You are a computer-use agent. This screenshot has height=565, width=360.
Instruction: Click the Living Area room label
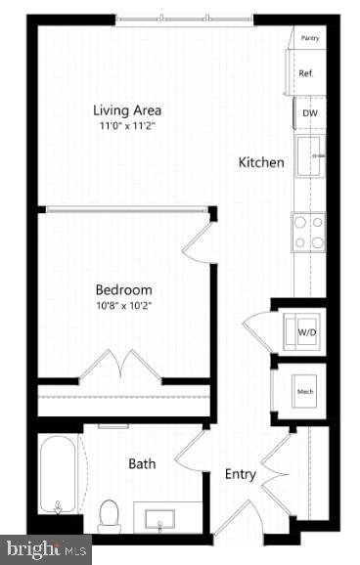127,109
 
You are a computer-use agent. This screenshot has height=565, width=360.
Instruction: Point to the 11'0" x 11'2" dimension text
127,127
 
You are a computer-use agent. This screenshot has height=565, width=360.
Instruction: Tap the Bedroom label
123,289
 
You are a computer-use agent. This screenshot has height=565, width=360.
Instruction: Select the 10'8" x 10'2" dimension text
123,306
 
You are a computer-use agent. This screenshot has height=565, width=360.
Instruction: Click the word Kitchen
261,162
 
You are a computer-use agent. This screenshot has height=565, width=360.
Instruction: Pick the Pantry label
310,38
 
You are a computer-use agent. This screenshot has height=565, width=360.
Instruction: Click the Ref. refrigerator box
306,73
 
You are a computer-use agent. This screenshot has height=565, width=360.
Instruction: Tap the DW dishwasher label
309,113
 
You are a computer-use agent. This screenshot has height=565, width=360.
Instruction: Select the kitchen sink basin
310,156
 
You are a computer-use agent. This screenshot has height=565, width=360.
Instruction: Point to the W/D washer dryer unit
305,332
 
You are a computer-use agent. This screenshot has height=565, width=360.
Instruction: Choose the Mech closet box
304,394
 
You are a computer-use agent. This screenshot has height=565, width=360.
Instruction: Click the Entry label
241,475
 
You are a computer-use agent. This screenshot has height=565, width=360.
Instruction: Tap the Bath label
142,463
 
